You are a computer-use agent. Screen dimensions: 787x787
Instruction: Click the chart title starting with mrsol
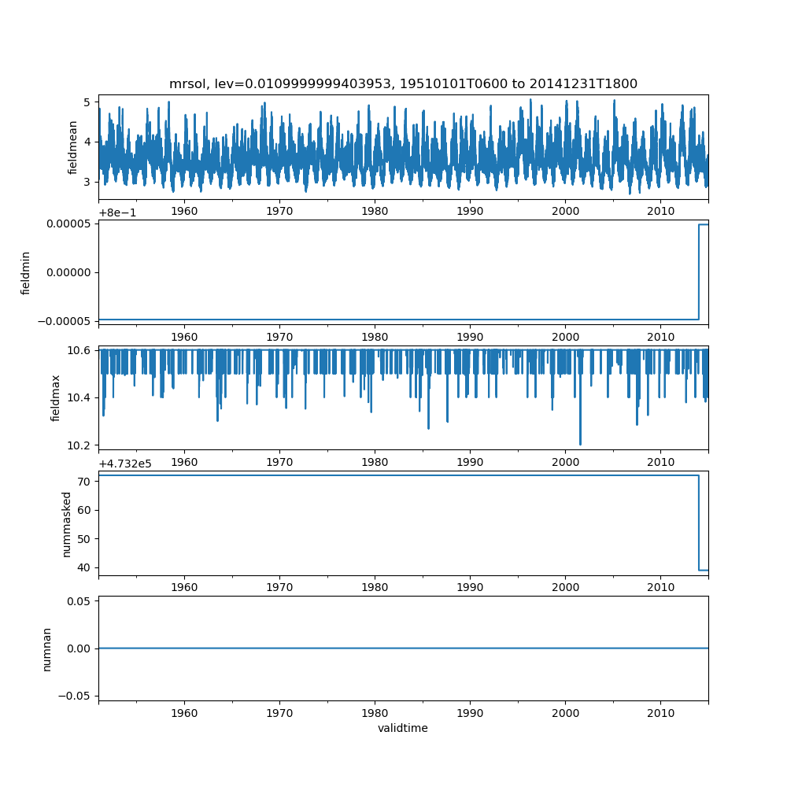[403, 83]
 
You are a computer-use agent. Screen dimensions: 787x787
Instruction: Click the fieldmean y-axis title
[73, 147]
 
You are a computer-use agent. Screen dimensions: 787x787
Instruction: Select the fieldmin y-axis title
[26, 272]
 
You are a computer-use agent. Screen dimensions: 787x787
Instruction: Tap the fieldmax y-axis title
[56, 397]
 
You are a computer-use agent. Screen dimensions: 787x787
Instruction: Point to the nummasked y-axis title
[67, 523]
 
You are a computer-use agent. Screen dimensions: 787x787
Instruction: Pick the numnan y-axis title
[46, 648]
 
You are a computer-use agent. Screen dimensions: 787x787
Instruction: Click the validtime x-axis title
[403, 728]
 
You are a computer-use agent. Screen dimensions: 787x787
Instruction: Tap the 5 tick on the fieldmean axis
[87, 102]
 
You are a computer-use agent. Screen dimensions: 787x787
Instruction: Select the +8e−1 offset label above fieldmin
[118, 212]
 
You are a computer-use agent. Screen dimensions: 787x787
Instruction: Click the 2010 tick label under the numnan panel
[660, 713]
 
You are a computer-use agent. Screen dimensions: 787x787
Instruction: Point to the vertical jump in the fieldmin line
[699, 272]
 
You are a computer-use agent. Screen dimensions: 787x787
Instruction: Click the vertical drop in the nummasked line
[699, 523]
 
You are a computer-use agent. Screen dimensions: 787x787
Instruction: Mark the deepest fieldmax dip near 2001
[580, 444]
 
